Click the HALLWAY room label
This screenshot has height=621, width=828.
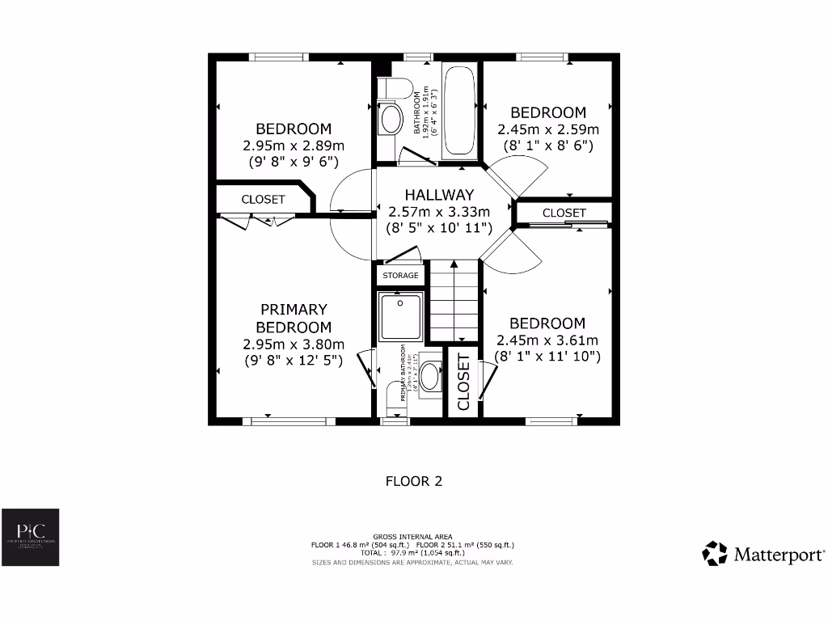coord(439,195)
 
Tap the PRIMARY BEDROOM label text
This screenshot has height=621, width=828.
coord(294,318)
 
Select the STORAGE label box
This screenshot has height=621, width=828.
coord(400,276)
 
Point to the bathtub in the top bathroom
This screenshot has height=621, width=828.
coord(460,111)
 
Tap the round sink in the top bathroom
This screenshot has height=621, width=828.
coord(392,120)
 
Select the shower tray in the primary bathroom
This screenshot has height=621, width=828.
coord(400,316)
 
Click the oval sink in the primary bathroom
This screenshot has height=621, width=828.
coord(431,376)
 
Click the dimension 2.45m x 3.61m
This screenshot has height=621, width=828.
coord(547,340)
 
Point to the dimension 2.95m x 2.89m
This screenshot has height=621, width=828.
coord(294,146)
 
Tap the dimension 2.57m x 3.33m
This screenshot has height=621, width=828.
coord(439,212)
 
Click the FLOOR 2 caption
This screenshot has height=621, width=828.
coord(414,481)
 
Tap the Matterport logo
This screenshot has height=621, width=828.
coord(763,554)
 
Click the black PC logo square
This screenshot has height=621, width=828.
coord(30,538)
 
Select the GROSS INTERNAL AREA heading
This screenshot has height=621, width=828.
coord(413,537)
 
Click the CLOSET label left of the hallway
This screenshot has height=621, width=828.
coord(263,199)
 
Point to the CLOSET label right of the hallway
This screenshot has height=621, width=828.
coord(564,213)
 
